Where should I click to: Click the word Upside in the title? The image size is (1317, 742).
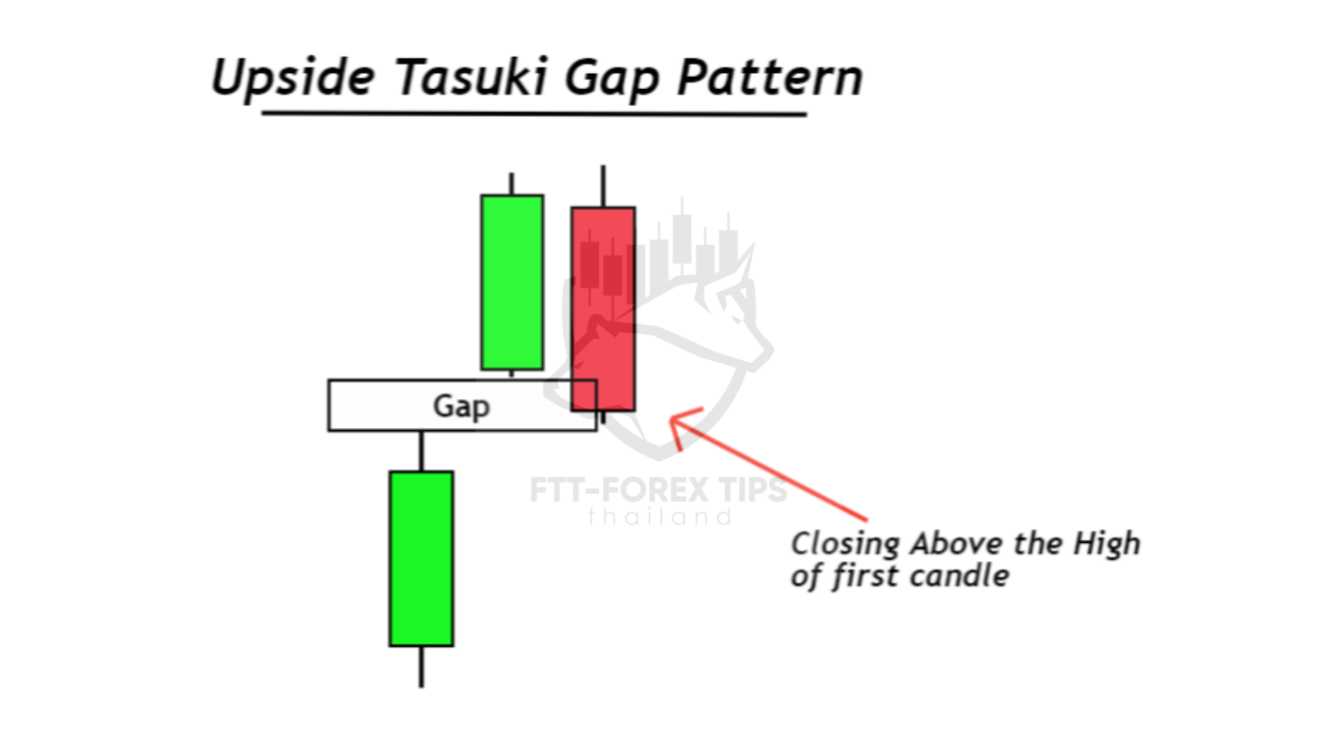[293, 79]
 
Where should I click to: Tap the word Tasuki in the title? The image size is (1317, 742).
[472, 76]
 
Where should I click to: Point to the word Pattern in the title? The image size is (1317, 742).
[770, 77]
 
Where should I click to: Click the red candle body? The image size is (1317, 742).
[603, 308]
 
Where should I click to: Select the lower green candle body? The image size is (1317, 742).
[421, 559]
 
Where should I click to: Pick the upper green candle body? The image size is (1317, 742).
[512, 282]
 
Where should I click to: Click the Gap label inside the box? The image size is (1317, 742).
[462, 406]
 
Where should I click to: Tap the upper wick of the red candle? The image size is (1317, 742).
[603, 185]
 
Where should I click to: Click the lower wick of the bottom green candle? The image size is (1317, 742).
[421, 667]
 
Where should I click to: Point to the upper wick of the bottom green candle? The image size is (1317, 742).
[421, 451]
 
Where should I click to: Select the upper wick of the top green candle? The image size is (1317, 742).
[512, 183]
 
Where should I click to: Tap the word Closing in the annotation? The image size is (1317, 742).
[845, 544]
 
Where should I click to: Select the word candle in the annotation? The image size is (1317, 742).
[959, 576]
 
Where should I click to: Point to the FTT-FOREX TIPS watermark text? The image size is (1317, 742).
[658, 490]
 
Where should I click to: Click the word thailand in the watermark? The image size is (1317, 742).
[659, 517]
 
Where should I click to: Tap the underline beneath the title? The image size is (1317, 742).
[534, 113]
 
